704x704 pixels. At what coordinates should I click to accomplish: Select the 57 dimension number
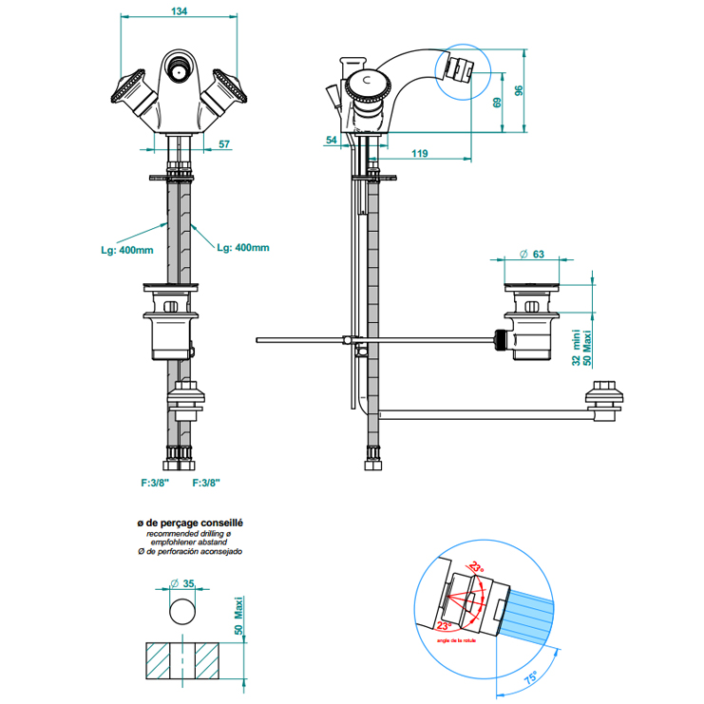click(x=224, y=144)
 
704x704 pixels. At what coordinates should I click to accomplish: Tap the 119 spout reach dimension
click(x=419, y=153)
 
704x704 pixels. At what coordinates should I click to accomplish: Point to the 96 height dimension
click(x=519, y=90)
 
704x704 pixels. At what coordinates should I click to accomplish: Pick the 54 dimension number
click(x=331, y=141)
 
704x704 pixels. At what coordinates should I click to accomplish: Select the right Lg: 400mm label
click(x=242, y=248)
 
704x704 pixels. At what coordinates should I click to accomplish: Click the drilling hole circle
click(x=182, y=610)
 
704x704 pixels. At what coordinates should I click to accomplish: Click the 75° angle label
click(x=530, y=677)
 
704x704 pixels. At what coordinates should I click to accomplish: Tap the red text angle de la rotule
click(x=459, y=638)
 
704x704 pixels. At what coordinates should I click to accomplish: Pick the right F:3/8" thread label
click(x=206, y=484)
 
